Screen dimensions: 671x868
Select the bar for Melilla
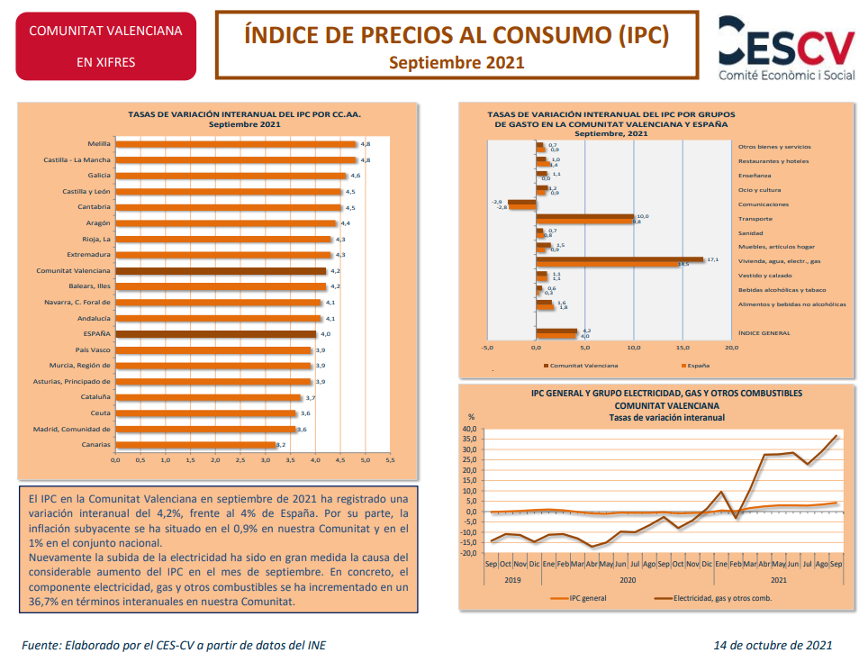pyautogui.click(x=237, y=144)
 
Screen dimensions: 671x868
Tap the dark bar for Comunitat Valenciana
pyautogui.click(x=222, y=270)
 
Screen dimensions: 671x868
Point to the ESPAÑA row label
pyautogui.click(x=95, y=333)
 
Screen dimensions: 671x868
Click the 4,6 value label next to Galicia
pyautogui.click(x=356, y=176)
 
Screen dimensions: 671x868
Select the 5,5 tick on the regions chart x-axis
pyautogui.click(x=390, y=460)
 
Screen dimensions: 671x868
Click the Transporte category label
pyautogui.click(x=755, y=219)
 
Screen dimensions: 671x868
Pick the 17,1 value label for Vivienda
pyautogui.click(x=712, y=259)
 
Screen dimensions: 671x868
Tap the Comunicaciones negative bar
pyautogui.click(x=521, y=204)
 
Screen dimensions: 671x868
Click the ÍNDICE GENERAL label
pyautogui.click(x=764, y=333)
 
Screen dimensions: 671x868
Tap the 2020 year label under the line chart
pyautogui.click(x=628, y=580)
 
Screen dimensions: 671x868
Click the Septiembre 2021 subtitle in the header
pyautogui.click(x=457, y=62)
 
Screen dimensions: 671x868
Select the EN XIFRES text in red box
pyautogui.click(x=105, y=63)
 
